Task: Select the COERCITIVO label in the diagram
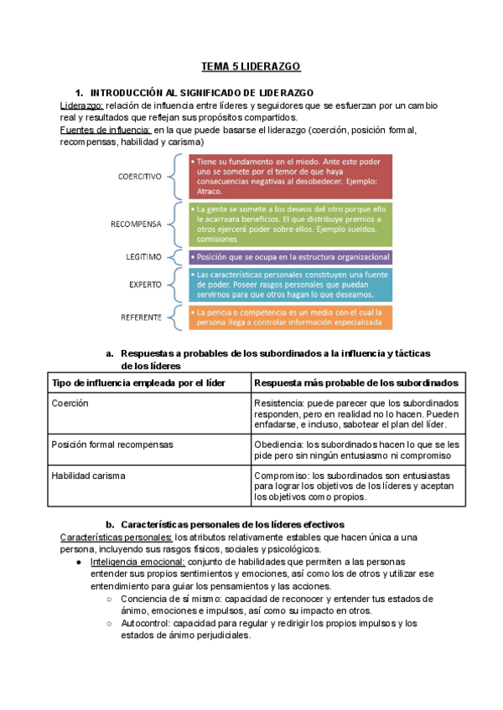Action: [139, 177]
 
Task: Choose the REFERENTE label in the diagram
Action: [141, 316]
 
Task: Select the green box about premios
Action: [289, 224]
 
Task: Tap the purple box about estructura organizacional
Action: [289, 257]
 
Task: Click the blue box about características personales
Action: [289, 285]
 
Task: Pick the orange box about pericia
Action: [289, 316]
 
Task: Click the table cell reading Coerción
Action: [70, 404]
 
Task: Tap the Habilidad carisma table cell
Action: [88, 476]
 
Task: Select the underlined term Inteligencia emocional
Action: [137, 562]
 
